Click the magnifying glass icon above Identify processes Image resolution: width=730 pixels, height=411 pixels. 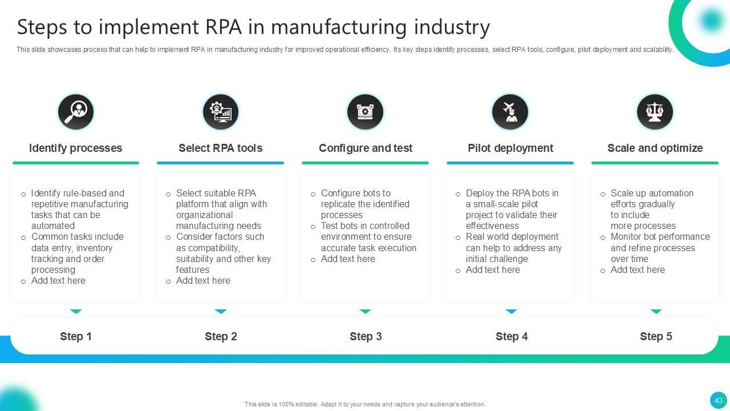(x=76, y=112)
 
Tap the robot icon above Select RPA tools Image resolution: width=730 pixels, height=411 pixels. (x=221, y=112)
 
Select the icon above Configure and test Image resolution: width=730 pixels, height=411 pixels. (x=365, y=112)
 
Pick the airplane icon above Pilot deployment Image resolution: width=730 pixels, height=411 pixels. (x=510, y=112)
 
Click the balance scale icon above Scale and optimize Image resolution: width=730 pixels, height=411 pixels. (x=655, y=112)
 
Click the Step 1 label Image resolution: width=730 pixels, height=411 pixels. (x=76, y=337)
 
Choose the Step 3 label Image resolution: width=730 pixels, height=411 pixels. (x=366, y=337)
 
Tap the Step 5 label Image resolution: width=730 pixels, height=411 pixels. (x=656, y=337)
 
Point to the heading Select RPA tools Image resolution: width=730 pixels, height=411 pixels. (x=221, y=148)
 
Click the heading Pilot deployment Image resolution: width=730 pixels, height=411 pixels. (x=510, y=148)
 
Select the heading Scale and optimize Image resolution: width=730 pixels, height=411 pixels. (x=655, y=148)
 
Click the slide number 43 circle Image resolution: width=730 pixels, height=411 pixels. (x=718, y=400)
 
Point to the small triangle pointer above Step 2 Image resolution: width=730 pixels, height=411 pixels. (x=221, y=312)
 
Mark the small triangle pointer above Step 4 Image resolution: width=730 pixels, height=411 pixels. (x=511, y=312)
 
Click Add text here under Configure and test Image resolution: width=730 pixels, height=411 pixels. (x=348, y=259)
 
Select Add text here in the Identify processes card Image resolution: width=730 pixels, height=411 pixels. (x=58, y=281)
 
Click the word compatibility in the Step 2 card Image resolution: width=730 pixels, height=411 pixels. (x=208, y=248)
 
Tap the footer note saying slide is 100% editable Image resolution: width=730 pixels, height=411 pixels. (x=365, y=404)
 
